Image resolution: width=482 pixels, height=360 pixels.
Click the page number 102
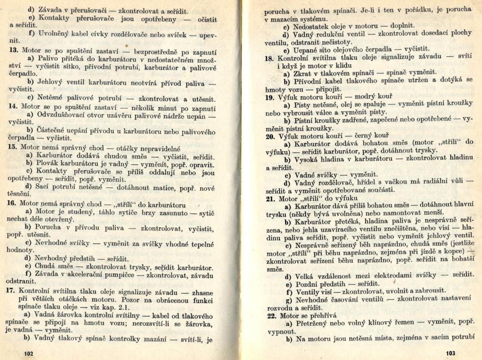coord(29,353)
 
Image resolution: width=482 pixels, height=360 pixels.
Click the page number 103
coord(451,353)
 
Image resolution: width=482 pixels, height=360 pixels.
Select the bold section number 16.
coord(13,202)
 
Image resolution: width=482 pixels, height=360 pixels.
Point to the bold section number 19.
coord(269,96)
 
